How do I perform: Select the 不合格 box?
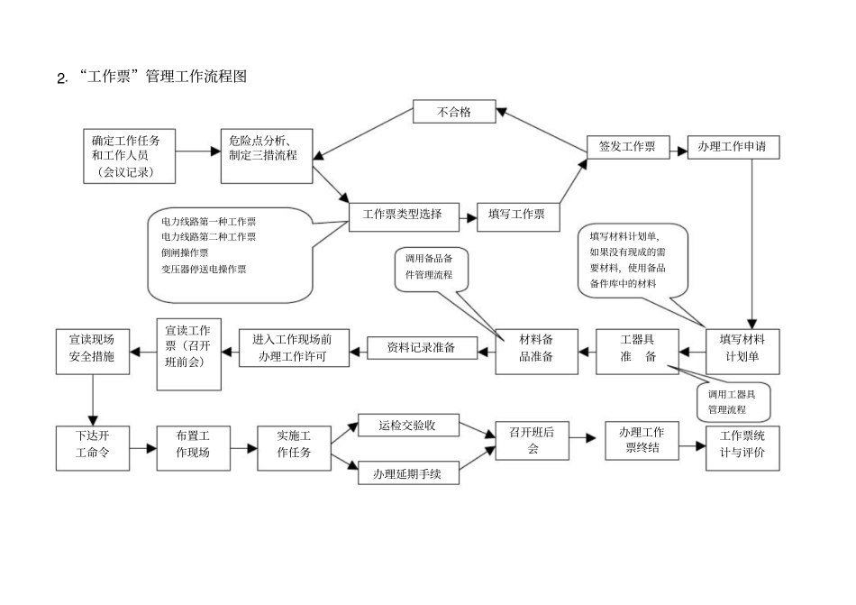pyautogui.click(x=454, y=113)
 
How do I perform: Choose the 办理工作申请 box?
pyautogui.click(x=733, y=147)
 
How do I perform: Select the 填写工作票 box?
pyautogui.click(x=516, y=215)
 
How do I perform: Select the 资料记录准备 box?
pyautogui.click(x=421, y=347)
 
